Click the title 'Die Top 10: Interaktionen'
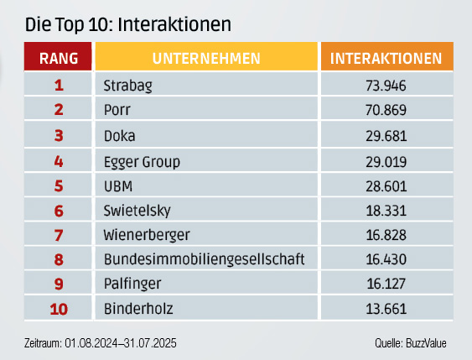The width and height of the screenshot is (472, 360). (128, 24)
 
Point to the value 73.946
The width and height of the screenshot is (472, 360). (386, 85)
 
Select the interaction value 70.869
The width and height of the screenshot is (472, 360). (386, 110)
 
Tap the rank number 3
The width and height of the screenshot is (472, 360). (59, 135)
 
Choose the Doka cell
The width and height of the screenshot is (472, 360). (119, 135)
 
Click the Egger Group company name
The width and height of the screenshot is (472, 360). (142, 160)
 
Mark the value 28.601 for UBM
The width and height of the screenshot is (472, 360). (386, 185)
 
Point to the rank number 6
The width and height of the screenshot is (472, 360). (59, 211)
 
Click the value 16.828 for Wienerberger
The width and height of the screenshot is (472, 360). (386, 235)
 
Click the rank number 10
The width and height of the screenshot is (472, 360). (59, 310)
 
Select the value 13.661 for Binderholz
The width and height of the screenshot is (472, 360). (386, 310)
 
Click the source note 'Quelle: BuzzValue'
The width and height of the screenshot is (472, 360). (411, 344)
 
